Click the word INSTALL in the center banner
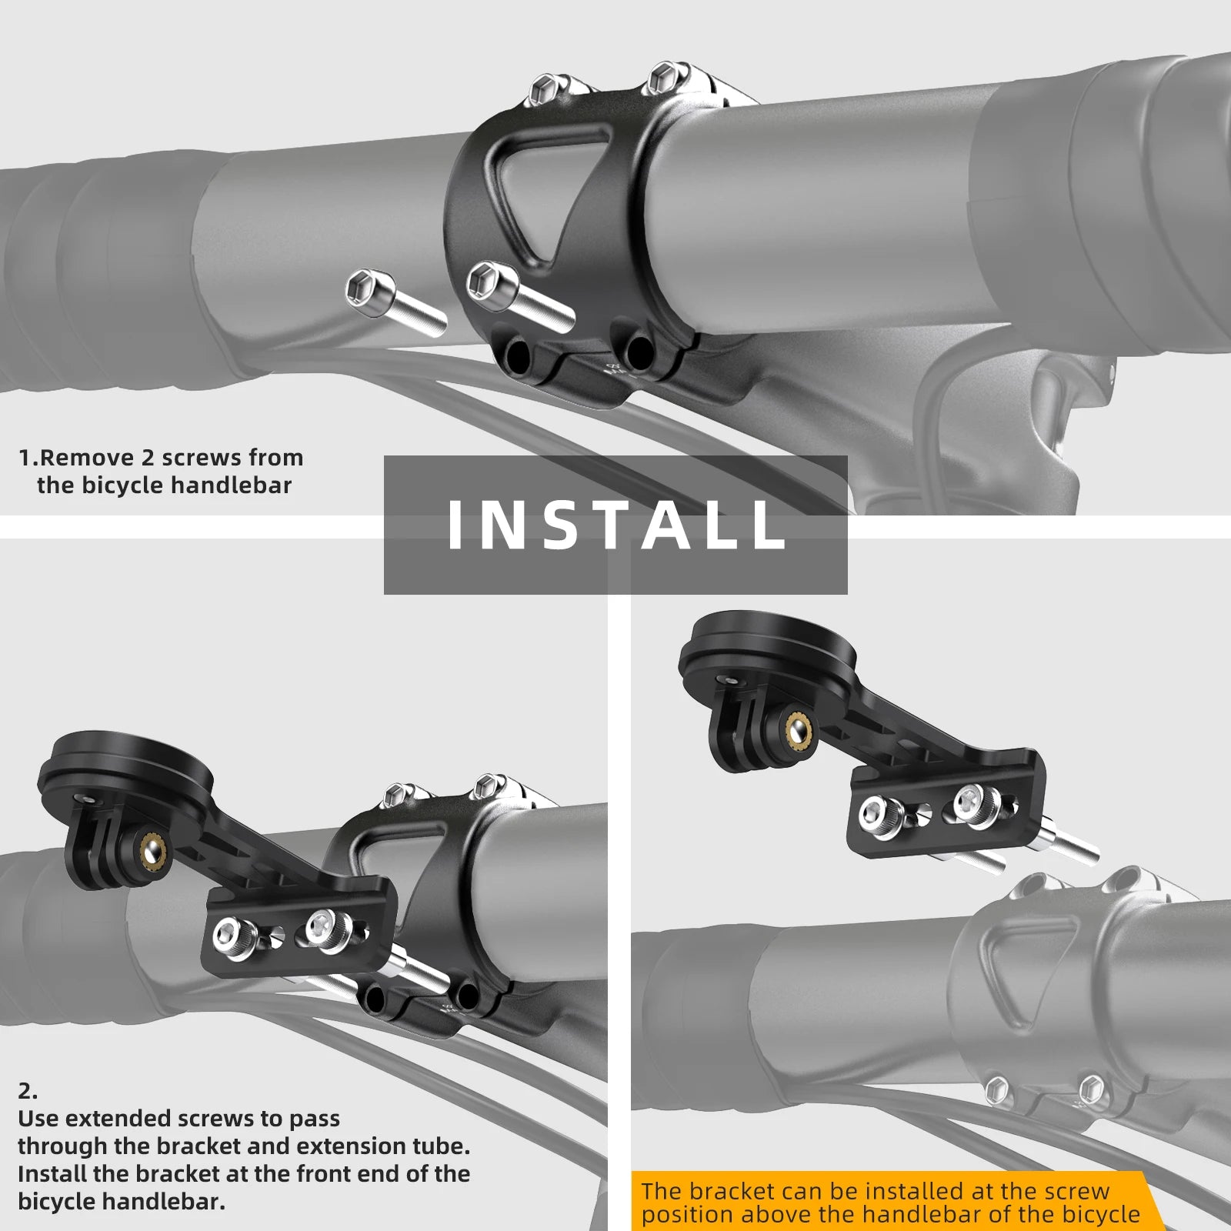[615, 525]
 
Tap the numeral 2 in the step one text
[148, 458]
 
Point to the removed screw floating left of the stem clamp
[395, 301]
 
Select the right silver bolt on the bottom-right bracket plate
[972, 802]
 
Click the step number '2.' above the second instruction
[28, 1090]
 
